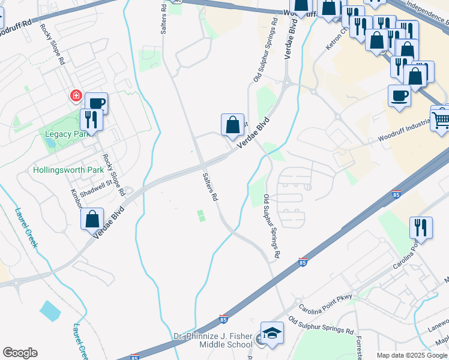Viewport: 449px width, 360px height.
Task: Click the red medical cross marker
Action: [x=76, y=95]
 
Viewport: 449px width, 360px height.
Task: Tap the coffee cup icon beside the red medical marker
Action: [x=96, y=104]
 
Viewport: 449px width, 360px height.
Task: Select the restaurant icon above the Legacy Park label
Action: [x=91, y=119]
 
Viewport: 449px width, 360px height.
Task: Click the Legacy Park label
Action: [x=67, y=134]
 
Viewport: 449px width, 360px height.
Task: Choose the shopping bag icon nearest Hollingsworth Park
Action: [x=92, y=219]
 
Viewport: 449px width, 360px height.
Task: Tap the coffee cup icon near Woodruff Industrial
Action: [x=399, y=96]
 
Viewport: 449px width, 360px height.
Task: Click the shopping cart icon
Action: [x=441, y=118]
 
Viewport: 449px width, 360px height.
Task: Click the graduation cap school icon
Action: [x=271, y=333]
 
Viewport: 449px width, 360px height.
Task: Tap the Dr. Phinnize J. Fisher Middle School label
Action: [x=213, y=340]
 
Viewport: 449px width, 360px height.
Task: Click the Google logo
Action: [x=20, y=353]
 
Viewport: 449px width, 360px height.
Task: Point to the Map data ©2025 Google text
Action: [x=412, y=355]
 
